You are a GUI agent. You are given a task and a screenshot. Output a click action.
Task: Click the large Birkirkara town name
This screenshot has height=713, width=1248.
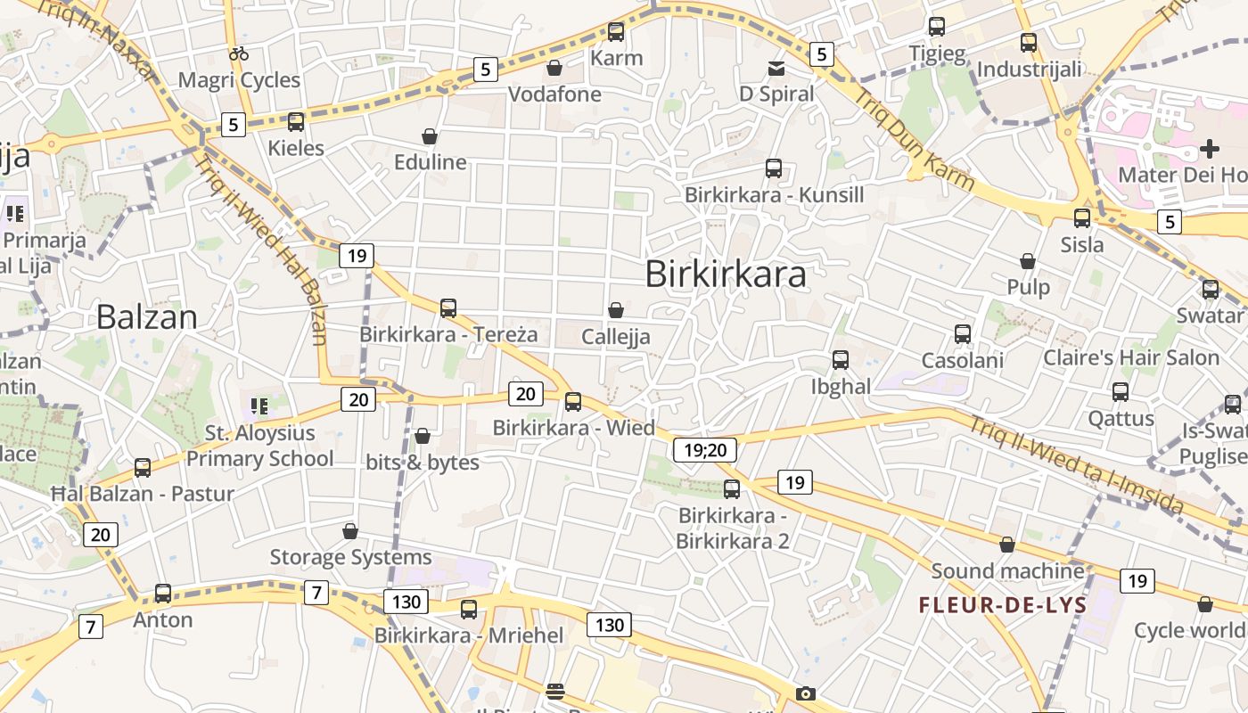[x=726, y=275]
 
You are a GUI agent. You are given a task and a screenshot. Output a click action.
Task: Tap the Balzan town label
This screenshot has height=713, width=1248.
[x=146, y=317]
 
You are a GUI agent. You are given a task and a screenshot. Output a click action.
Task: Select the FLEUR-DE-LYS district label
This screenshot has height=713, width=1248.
[x=1003, y=606]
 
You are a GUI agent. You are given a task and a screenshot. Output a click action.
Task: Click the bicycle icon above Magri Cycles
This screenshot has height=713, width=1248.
[x=239, y=53]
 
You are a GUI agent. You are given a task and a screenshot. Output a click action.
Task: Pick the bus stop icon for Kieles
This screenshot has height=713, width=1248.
[x=296, y=122]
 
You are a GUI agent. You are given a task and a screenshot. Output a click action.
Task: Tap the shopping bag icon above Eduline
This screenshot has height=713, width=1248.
[x=430, y=136]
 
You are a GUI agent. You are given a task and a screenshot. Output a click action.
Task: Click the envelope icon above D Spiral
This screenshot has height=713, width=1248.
[x=776, y=68]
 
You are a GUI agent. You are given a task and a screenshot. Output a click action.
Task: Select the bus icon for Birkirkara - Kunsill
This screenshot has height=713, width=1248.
[x=774, y=168]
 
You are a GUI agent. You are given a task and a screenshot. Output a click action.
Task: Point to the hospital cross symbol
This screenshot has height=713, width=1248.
[x=1209, y=148]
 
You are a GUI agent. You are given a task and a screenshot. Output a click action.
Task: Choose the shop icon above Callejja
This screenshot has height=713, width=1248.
[x=615, y=310]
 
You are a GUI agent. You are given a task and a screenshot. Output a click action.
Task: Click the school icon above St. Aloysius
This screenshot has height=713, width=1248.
[x=259, y=407]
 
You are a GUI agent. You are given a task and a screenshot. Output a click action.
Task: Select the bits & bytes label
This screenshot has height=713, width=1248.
[x=423, y=463]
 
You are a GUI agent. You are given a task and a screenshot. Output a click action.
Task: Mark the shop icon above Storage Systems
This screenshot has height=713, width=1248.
[x=350, y=531]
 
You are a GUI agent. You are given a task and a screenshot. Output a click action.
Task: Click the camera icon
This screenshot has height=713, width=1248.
[x=805, y=693]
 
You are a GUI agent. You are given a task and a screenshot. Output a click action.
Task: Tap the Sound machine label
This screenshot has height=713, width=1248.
[x=1007, y=570]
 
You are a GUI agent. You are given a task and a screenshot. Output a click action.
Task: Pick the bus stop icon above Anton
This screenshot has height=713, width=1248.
[x=162, y=593]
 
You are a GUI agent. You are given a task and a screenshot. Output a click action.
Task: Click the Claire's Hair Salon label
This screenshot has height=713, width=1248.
[x=1131, y=358]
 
